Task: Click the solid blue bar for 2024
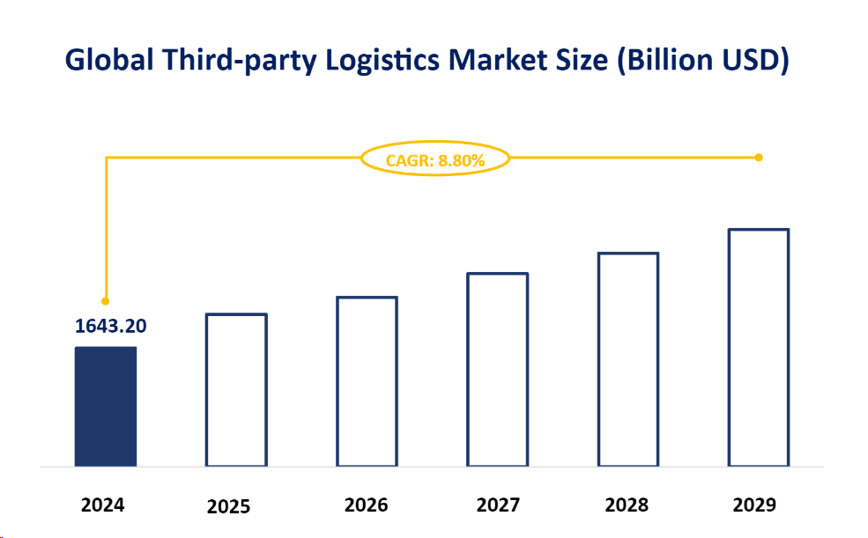pos(106,406)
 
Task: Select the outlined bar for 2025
pos(236,389)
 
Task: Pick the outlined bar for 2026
pos(367,380)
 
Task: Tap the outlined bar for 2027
pos(498,369)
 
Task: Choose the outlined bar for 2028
pos(627,358)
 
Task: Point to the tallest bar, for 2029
pos(758,347)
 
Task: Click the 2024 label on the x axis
pos(103,505)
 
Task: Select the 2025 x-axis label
pos(229,507)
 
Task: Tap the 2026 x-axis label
pos(367,505)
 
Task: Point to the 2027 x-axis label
pos(498,505)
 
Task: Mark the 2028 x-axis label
pos(627,505)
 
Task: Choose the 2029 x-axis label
pos(754,505)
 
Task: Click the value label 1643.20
pos(111,327)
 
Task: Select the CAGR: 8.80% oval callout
pos(435,159)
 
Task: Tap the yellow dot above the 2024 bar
pos(106,301)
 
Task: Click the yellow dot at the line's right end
pos(759,158)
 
